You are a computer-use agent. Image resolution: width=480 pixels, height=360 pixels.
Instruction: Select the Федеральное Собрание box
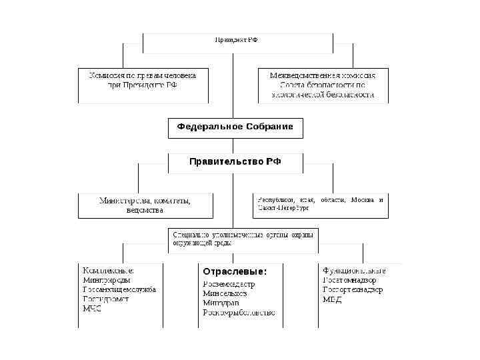pos(235,126)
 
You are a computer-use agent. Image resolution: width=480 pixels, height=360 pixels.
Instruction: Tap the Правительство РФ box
pos(235,162)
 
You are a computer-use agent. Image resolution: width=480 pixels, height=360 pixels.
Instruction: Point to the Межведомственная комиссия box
pos(323,85)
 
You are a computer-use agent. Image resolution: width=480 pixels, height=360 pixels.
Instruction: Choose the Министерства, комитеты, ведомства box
pos(145,205)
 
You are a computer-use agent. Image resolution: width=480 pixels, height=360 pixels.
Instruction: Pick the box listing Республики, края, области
pos(320,204)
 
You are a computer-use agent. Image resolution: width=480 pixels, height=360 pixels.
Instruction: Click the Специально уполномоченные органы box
pos(241,239)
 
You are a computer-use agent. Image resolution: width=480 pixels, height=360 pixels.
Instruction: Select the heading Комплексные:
pos(108,271)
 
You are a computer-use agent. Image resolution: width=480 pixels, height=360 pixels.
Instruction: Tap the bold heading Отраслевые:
pos(235,272)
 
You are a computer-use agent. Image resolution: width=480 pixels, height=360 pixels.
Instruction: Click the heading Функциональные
pos(354,271)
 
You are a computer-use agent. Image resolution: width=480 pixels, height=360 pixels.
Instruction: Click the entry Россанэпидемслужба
pos(119,290)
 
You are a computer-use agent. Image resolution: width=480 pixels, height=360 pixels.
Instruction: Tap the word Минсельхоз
pos(225,293)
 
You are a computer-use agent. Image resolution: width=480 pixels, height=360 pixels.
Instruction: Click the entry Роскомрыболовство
pos(239,312)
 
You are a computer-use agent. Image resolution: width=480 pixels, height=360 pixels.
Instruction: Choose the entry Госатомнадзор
pos(349,280)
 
